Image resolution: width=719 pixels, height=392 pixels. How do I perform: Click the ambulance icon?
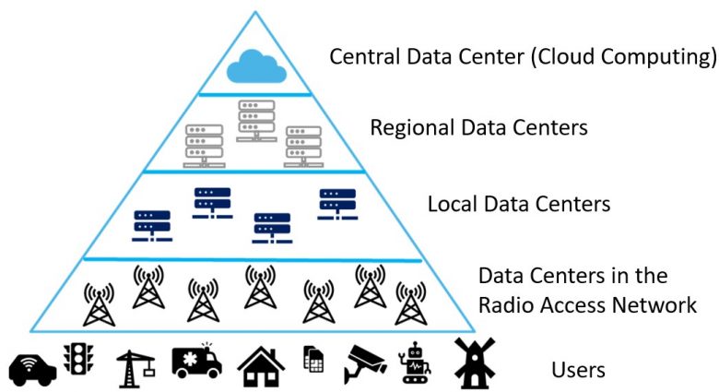click(x=196, y=361)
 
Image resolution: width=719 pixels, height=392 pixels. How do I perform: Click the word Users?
click(x=578, y=371)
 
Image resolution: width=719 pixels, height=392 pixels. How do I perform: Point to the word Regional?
click(x=415, y=128)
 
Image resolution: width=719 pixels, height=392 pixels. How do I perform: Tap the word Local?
click(x=453, y=203)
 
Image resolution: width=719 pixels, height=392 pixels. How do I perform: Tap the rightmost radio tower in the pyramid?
click(x=409, y=303)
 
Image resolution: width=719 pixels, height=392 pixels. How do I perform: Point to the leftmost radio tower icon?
click(x=97, y=303)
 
